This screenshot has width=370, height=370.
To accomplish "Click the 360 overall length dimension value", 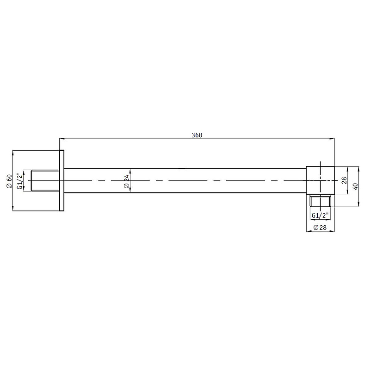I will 197,135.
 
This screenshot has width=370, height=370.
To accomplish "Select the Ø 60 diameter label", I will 9,180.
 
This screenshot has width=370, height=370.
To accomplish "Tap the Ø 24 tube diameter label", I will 126,181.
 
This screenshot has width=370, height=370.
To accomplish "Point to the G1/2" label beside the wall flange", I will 19,180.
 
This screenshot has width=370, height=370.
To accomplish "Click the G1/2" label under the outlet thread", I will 320,216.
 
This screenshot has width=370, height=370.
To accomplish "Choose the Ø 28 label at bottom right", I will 320,227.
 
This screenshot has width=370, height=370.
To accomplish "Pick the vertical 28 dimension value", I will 344,180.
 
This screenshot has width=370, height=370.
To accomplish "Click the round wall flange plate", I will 62,180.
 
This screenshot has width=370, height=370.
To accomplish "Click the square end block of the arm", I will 320,180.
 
